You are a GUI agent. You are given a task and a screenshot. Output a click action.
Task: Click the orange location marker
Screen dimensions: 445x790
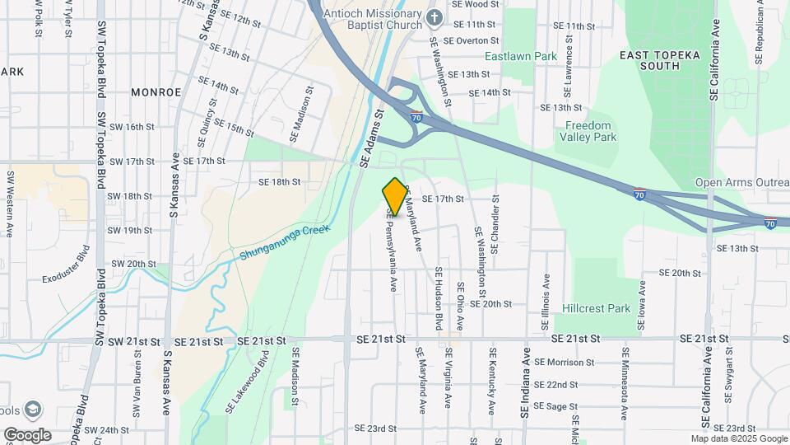coord(395,196)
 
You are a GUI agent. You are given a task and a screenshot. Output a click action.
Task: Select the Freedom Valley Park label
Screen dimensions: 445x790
coord(588,131)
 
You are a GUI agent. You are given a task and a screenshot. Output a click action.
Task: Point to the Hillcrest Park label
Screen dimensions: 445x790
coord(596,308)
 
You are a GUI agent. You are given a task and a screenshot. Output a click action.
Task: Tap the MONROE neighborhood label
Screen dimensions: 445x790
coord(155,92)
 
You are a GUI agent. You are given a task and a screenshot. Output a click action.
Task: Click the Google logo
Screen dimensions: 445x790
coord(27,434)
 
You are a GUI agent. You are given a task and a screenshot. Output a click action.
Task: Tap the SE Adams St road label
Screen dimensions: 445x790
coord(372,141)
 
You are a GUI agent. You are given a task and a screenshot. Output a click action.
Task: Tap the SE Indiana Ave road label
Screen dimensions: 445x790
coord(524,386)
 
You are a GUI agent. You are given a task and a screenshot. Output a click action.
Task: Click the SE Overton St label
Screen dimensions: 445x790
coord(470,40)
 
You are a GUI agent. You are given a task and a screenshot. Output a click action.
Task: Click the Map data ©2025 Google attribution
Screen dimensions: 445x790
coord(739,438)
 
